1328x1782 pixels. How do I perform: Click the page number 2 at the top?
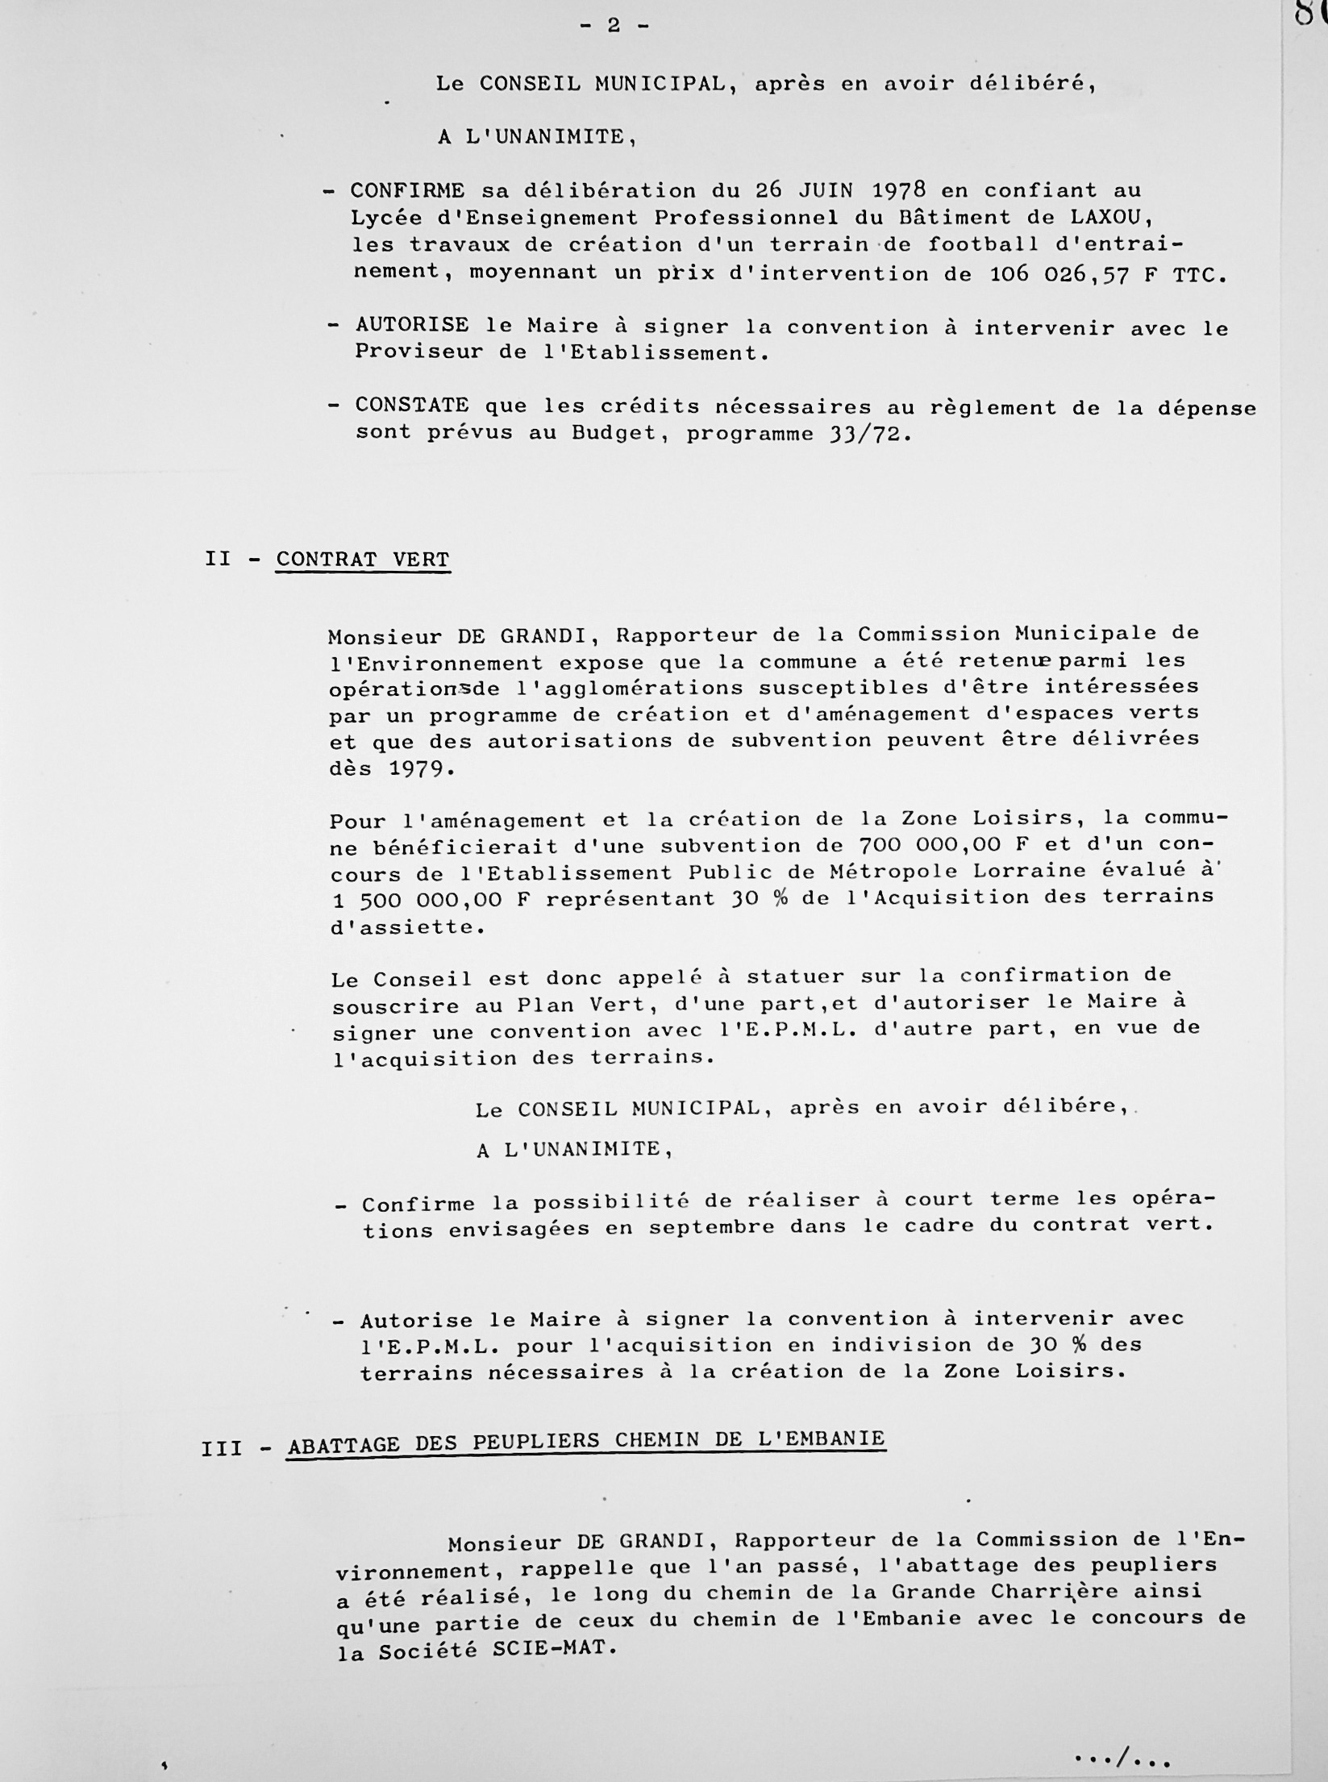tap(614, 26)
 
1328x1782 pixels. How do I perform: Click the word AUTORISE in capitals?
tap(412, 325)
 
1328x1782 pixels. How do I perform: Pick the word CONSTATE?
tap(412, 405)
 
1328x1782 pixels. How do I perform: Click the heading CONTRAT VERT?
tap(363, 560)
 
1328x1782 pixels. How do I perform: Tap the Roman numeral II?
tap(218, 559)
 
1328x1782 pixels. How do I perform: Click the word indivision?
tap(895, 1344)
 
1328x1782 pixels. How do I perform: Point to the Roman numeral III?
tap(222, 1449)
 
